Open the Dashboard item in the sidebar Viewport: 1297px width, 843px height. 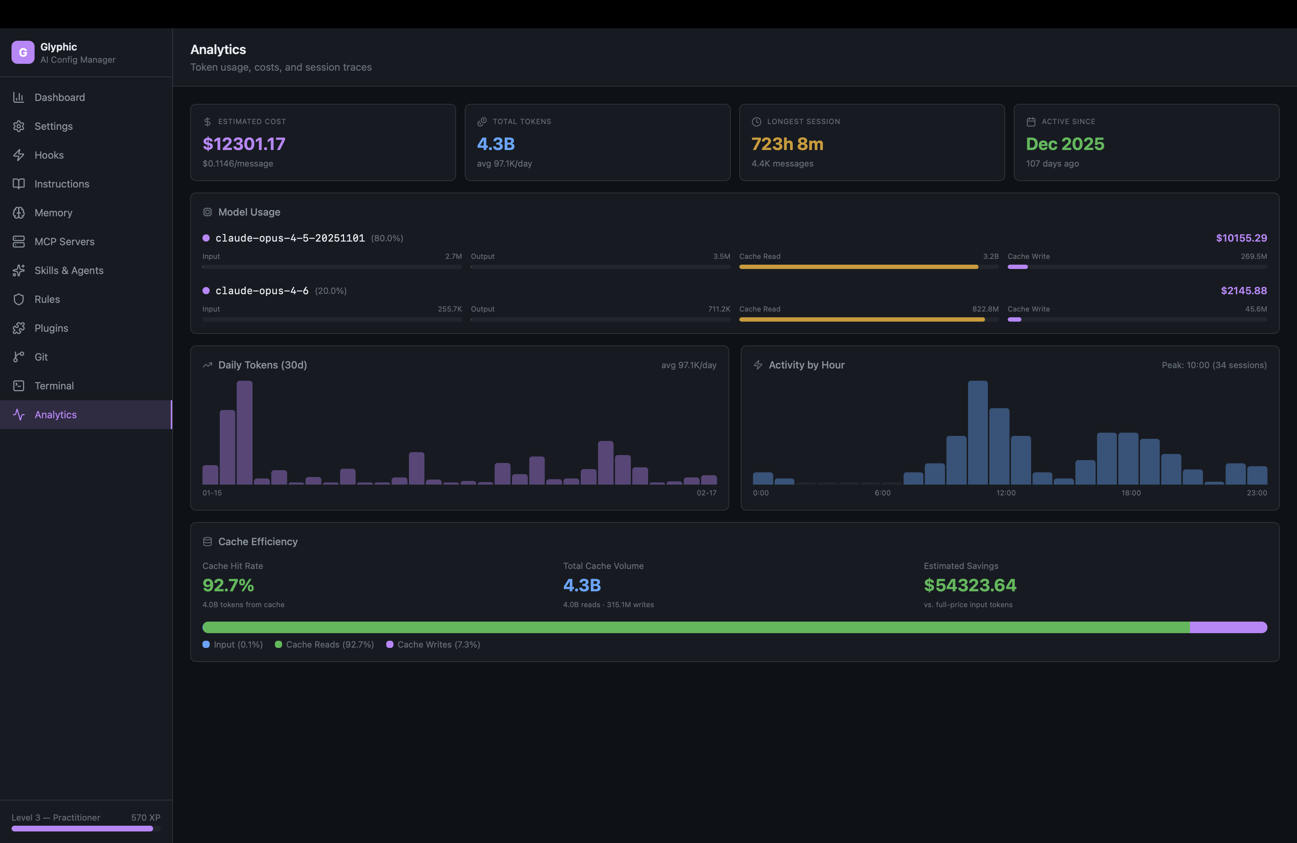click(x=59, y=97)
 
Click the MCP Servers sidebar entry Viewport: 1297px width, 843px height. click(x=64, y=242)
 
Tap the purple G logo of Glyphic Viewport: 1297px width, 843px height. click(x=23, y=52)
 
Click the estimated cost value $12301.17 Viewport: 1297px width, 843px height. click(x=244, y=144)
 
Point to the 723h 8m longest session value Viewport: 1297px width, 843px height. click(x=787, y=144)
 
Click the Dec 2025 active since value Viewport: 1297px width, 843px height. click(x=1065, y=144)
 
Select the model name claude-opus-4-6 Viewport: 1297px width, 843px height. click(x=262, y=291)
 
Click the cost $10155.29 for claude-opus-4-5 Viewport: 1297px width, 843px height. click(x=1241, y=238)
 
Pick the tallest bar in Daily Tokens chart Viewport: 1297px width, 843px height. click(x=245, y=432)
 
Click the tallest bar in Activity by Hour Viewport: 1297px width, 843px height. click(x=978, y=432)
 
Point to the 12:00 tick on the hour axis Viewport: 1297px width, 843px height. click(x=1006, y=493)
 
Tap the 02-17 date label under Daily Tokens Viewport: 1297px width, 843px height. click(x=706, y=493)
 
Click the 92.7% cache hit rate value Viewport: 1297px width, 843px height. click(x=228, y=585)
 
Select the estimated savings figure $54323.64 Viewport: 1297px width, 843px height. click(x=970, y=585)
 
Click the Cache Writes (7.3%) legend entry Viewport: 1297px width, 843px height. click(x=438, y=645)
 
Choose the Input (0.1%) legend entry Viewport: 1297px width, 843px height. click(x=237, y=645)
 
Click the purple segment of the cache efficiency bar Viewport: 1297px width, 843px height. click(x=1228, y=627)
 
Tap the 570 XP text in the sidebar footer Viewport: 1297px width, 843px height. click(x=146, y=817)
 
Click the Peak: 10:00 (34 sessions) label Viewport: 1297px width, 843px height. click(x=1214, y=365)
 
